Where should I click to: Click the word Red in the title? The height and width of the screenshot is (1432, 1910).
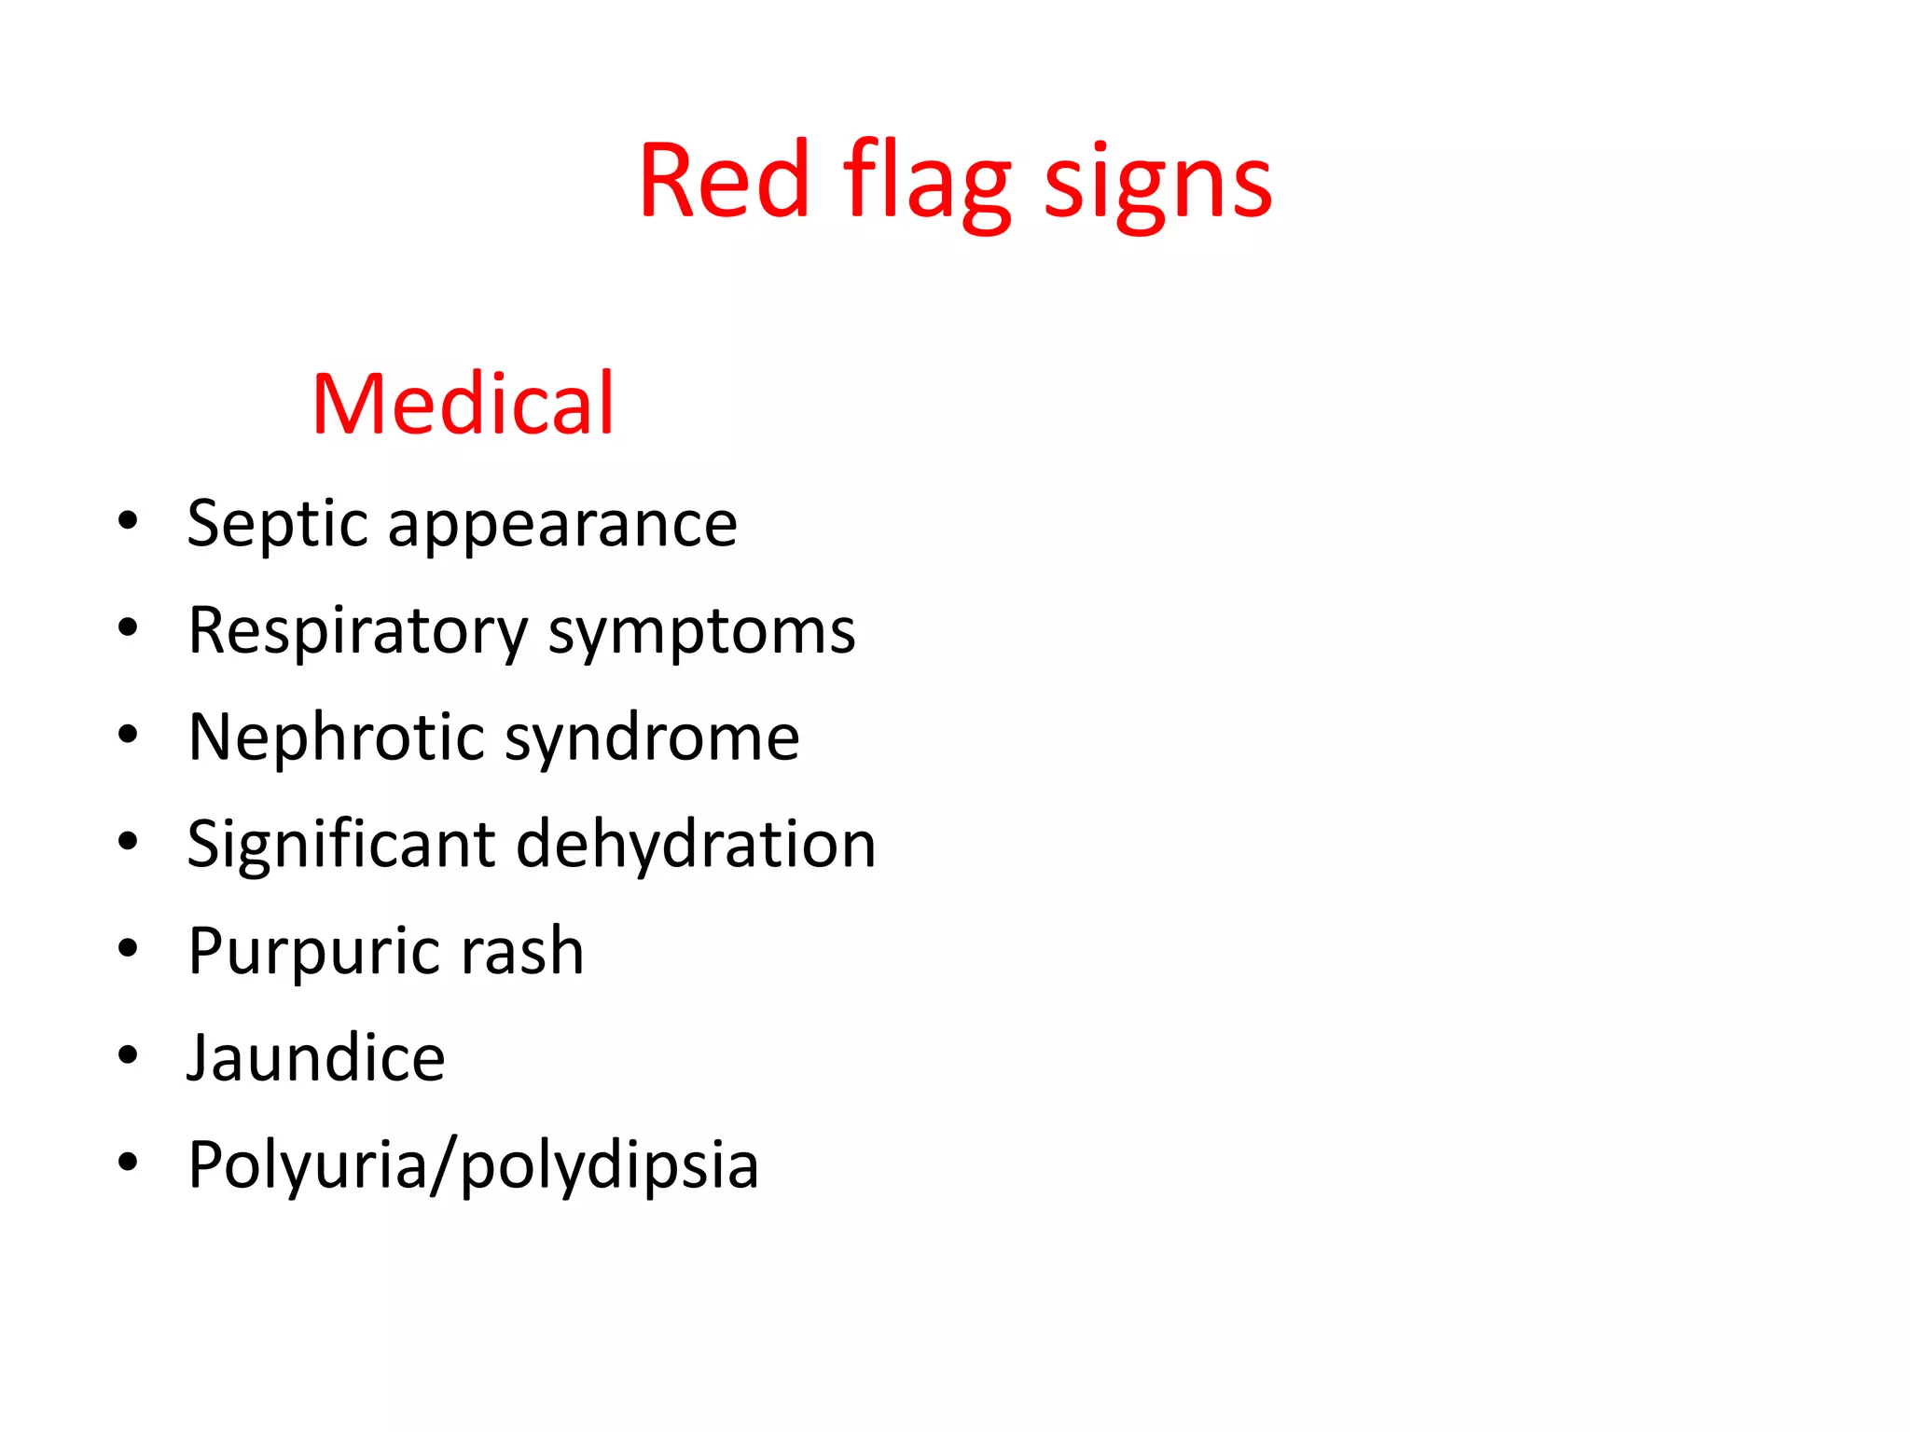[724, 181]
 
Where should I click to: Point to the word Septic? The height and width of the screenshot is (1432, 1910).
[278, 524]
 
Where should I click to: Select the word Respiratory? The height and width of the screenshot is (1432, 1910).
[358, 632]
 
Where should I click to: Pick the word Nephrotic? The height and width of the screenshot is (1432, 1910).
[337, 737]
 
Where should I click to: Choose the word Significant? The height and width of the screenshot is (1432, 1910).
[341, 844]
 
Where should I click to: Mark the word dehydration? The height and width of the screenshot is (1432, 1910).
[696, 844]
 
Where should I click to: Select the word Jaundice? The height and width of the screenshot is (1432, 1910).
[316, 1057]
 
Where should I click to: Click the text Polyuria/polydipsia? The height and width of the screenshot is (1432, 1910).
[474, 1165]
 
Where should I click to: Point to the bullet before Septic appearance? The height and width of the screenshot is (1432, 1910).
[128, 520]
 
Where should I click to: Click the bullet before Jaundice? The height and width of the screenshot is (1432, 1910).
[128, 1054]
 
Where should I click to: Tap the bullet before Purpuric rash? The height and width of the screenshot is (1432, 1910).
[128, 948]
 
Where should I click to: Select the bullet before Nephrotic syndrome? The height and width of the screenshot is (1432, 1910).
[128, 735]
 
